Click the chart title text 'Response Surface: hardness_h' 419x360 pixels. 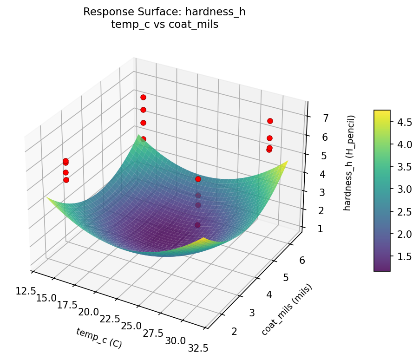click(x=164, y=12)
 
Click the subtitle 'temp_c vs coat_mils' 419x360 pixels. click(x=164, y=25)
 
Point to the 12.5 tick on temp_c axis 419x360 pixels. click(x=26, y=291)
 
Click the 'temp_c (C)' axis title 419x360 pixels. click(x=99, y=338)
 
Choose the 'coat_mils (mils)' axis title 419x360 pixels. click(x=287, y=309)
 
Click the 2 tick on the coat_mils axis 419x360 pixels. click(x=234, y=331)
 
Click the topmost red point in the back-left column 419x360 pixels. click(x=143, y=97)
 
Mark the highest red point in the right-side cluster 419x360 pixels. click(x=270, y=121)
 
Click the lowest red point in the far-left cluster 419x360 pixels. click(x=66, y=180)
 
